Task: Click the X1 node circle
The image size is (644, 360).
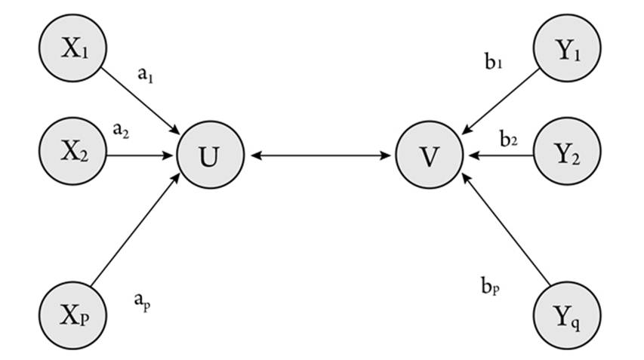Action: [74, 48]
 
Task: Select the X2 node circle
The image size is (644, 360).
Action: [74, 155]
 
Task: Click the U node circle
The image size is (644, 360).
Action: [211, 156]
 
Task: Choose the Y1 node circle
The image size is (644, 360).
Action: [567, 49]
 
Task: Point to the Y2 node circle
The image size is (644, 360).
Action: [567, 155]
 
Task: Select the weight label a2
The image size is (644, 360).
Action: [121, 129]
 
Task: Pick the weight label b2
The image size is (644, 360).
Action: [508, 138]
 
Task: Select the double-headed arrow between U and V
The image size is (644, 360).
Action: [320, 156]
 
